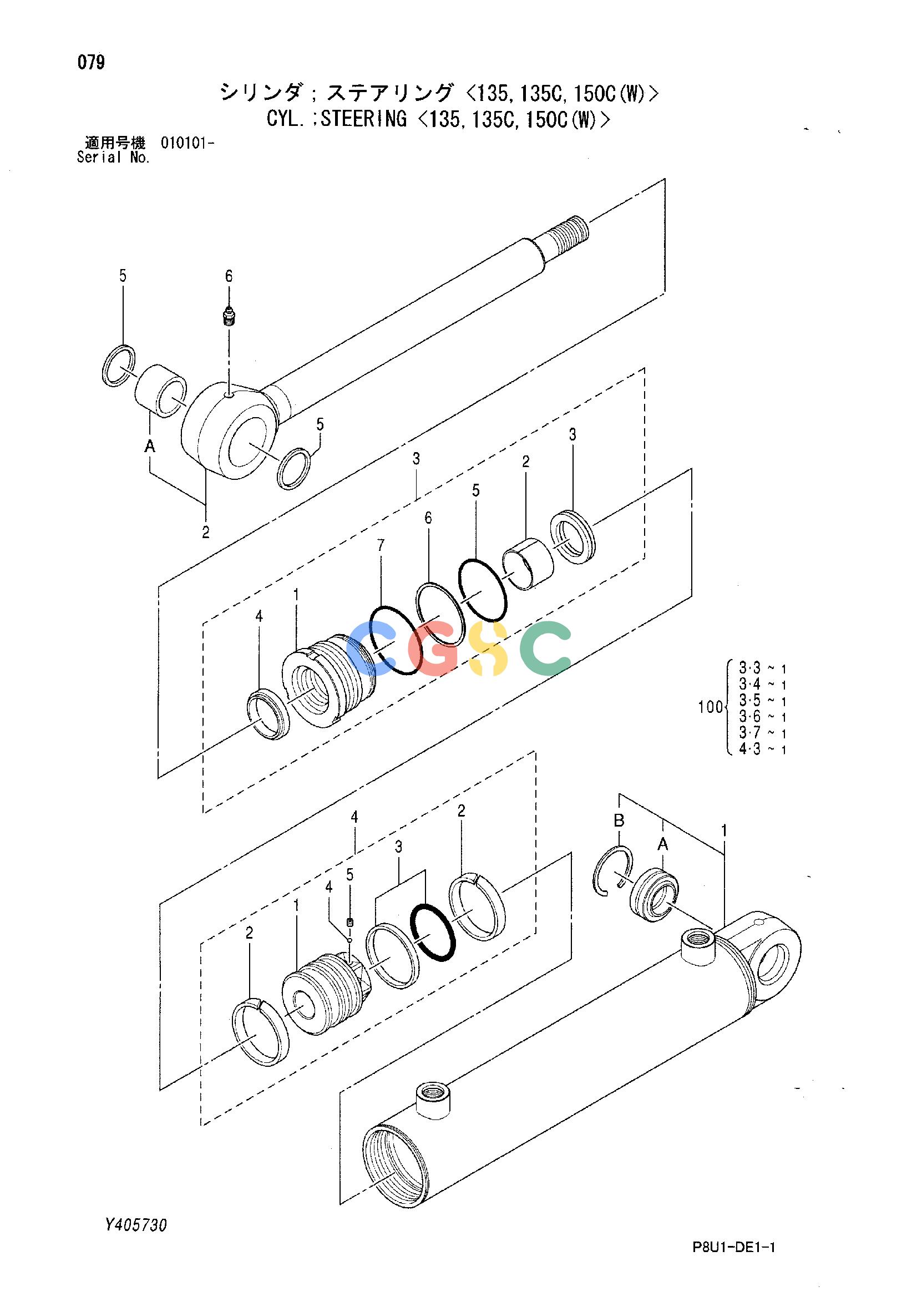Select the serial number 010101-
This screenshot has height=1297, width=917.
(x=187, y=144)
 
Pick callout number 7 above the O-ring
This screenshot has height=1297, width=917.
(x=381, y=546)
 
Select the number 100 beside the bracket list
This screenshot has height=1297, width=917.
(x=710, y=707)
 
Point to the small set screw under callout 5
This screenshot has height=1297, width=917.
(x=350, y=922)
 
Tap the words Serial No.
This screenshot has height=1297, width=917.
(x=113, y=158)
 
